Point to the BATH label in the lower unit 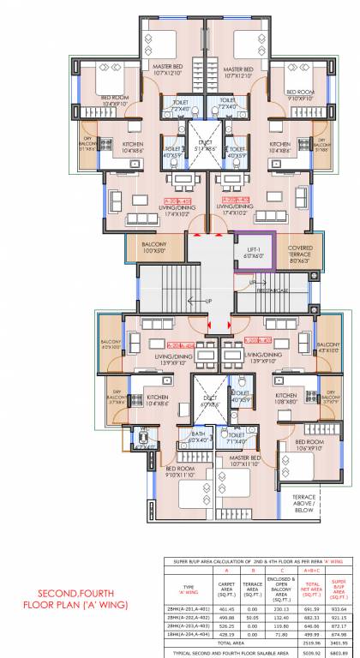click(x=198, y=437)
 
